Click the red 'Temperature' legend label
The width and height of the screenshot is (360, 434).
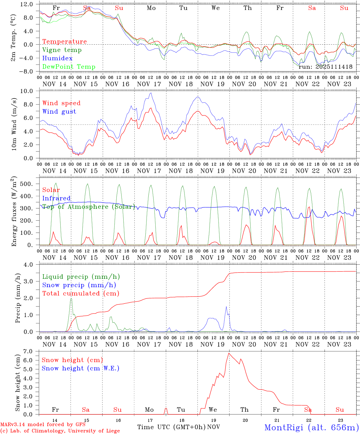tap(65, 42)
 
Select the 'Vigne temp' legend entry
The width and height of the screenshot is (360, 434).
tap(62, 50)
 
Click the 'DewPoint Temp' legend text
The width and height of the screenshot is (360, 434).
tap(69, 67)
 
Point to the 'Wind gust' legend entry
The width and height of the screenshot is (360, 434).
tap(59, 112)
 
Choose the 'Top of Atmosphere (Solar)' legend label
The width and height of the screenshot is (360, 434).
tap(89, 207)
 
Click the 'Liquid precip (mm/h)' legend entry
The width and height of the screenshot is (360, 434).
tap(81, 277)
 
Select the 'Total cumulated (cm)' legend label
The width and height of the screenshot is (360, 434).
tap(81, 293)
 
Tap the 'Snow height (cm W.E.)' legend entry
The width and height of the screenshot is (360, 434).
tap(81, 368)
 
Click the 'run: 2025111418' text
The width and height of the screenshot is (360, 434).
tap(325, 67)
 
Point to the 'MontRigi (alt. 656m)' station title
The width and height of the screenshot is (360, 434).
tap(311, 427)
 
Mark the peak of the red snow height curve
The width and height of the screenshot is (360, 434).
tap(229, 353)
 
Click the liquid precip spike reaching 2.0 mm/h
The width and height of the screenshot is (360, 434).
tap(71, 298)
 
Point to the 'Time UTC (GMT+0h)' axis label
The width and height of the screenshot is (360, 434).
tap(171, 427)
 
